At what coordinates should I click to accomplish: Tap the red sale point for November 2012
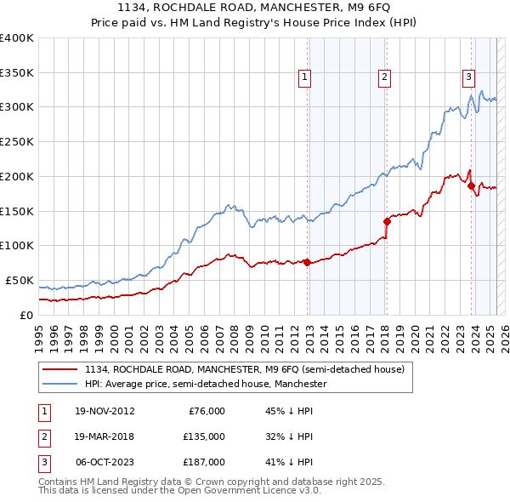(x=307, y=262)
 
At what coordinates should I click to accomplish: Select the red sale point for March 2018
(x=387, y=220)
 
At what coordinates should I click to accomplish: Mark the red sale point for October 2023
(x=471, y=185)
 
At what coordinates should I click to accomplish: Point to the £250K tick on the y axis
(x=17, y=141)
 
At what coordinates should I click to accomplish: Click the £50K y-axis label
(x=20, y=280)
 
